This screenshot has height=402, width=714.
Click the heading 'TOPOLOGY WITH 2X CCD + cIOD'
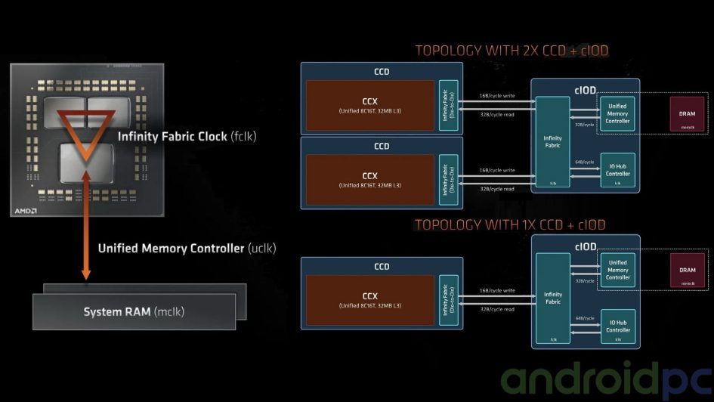pos(512,51)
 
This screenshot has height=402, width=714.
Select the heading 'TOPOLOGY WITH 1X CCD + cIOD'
pos(510,224)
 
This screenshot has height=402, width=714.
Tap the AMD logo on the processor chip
pos(26,211)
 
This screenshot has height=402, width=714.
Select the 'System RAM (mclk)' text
pos(134,311)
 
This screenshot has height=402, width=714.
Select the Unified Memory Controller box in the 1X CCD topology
pos(617,270)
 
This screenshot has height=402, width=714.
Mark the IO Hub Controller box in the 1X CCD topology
pos(617,326)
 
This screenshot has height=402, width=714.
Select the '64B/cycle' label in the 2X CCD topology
pos(583,162)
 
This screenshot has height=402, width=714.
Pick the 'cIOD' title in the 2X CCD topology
pos(585,89)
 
